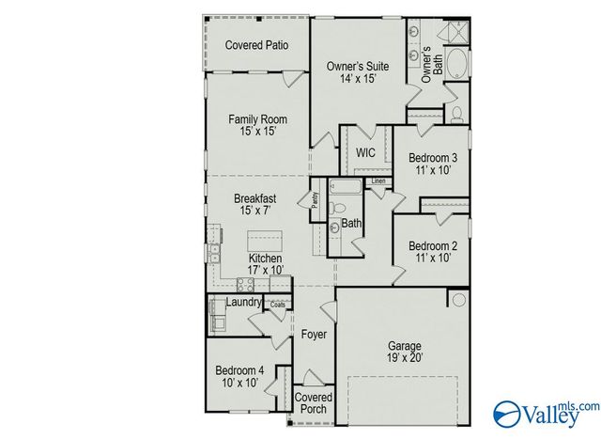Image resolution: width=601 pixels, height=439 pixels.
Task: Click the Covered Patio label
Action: tap(256, 45)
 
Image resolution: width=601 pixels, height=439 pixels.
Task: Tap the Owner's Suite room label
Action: tap(357, 72)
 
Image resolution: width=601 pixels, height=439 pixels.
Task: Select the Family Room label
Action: tap(257, 126)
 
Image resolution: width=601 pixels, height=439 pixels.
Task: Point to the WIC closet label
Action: tap(366, 152)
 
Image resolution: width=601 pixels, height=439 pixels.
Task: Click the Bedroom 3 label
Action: tap(433, 164)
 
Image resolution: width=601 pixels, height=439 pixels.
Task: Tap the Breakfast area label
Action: tap(255, 205)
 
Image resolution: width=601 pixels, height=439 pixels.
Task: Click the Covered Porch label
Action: tap(314, 403)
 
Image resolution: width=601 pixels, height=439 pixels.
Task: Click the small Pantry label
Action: tap(316, 200)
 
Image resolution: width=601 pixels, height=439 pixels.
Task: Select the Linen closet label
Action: tap(378, 180)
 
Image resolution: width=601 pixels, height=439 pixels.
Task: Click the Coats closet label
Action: tap(279, 305)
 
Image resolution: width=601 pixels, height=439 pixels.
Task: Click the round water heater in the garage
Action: tap(457, 300)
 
